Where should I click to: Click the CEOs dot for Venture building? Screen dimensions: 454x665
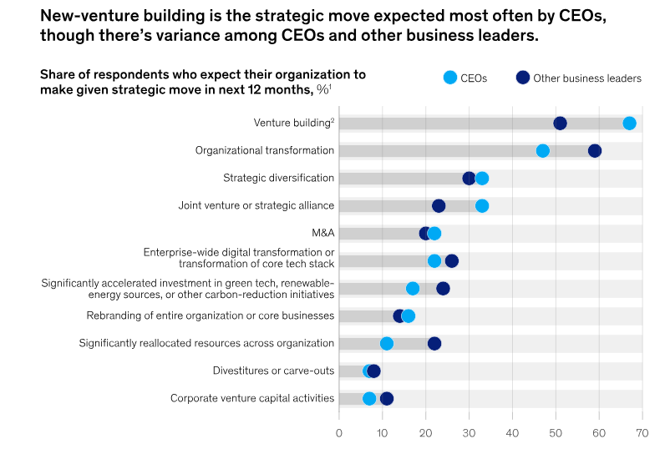click(x=629, y=124)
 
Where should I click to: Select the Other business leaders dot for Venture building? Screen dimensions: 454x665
click(x=560, y=124)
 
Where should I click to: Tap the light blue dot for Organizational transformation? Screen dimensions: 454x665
click(x=542, y=151)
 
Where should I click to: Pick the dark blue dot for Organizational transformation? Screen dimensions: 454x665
click(x=595, y=151)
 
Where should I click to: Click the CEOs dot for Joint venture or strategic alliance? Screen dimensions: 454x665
click(x=482, y=206)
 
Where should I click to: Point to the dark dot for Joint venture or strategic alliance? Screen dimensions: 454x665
click(x=439, y=206)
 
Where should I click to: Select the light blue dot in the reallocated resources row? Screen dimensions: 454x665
click(x=387, y=344)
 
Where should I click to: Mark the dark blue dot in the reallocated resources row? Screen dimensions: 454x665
click(x=434, y=344)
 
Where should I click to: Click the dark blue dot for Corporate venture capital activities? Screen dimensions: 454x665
click(x=387, y=399)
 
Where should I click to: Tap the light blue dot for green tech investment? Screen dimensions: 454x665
click(x=413, y=289)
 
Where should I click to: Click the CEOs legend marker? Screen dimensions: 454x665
click(x=450, y=78)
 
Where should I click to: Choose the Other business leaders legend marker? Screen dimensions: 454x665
click(x=523, y=78)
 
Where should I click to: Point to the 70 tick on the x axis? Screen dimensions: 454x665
click(x=642, y=433)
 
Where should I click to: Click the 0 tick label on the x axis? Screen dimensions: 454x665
click(x=339, y=433)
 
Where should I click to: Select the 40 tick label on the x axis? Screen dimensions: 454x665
click(x=512, y=433)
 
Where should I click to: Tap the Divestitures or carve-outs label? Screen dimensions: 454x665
click(x=273, y=371)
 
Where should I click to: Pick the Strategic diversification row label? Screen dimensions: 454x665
click(x=278, y=179)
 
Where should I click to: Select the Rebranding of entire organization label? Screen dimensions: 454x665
click(x=211, y=316)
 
